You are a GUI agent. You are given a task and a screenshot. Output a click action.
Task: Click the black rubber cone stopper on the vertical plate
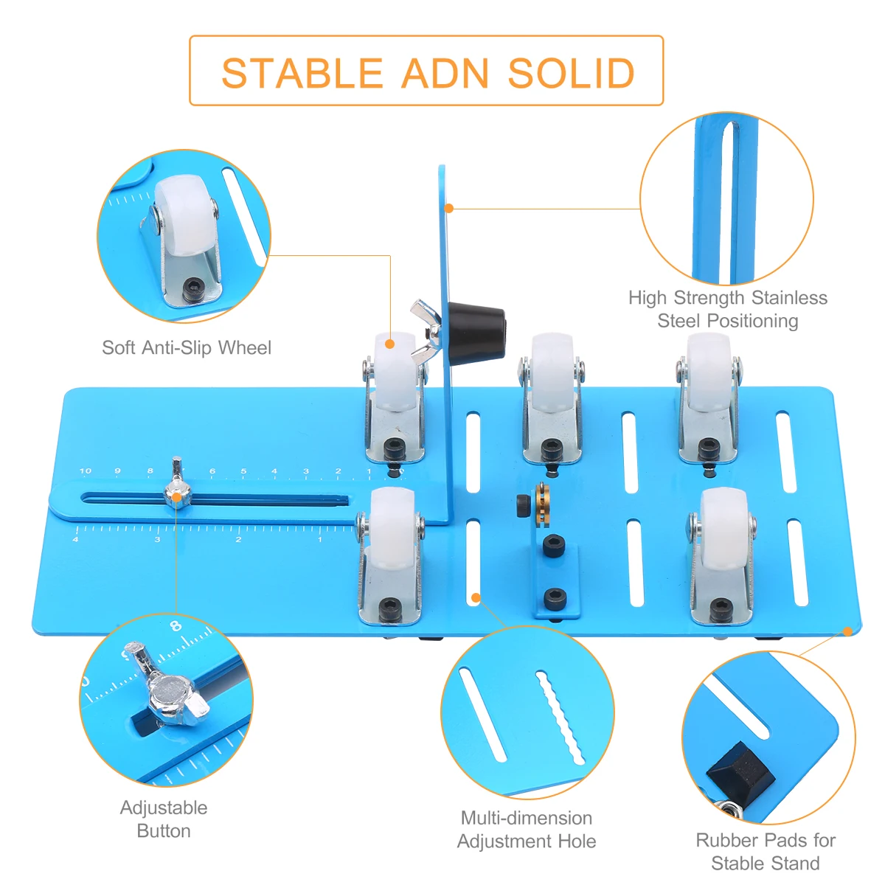pos(476,329)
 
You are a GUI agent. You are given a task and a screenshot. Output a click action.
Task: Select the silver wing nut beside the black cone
pos(426,330)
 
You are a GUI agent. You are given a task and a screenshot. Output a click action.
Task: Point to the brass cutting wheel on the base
pos(543,504)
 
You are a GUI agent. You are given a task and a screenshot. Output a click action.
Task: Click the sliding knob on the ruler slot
pos(177,493)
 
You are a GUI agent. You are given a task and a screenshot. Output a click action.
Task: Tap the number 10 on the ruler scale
pos(86,471)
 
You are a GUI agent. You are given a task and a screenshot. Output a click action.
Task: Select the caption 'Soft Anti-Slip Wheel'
pos(187,347)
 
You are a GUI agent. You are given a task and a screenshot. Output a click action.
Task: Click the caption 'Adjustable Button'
pos(164,819)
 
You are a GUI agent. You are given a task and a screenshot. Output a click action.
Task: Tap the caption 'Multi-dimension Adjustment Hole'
pos(527,829)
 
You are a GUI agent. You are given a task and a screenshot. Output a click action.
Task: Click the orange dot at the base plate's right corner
pos(848,631)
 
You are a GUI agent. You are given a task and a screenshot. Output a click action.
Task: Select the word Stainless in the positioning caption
pos(788,298)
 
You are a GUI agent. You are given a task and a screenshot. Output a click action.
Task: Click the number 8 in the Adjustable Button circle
pos(175,626)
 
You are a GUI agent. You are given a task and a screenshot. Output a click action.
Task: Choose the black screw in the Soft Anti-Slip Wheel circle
pos(193,286)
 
